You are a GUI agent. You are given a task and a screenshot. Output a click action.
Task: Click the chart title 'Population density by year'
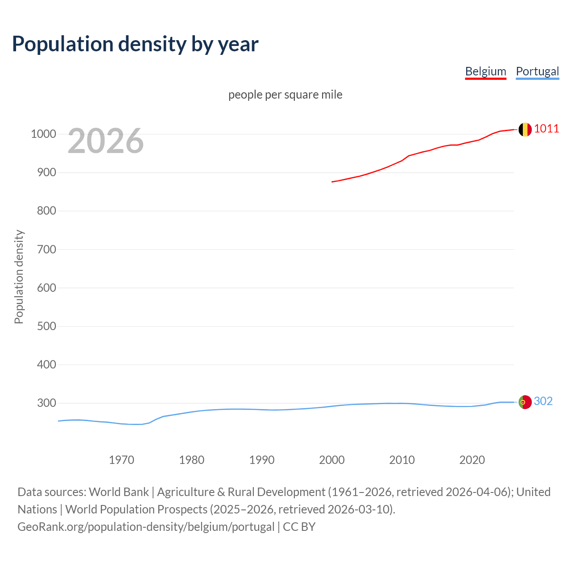click(135, 44)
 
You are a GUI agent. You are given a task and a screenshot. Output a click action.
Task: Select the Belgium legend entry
click(485, 71)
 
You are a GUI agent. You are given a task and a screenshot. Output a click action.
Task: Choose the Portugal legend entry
click(537, 71)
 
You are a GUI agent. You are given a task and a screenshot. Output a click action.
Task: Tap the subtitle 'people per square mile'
click(285, 95)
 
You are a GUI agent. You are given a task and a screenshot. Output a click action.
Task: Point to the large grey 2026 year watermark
click(106, 141)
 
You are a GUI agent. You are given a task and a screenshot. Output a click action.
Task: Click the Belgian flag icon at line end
click(525, 129)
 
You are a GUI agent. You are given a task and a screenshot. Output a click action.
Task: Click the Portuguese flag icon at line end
click(525, 402)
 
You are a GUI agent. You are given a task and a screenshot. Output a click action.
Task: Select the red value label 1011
click(546, 129)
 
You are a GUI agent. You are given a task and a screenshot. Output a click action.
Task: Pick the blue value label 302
click(543, 401)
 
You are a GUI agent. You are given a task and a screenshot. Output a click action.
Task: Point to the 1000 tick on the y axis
click(43, 134)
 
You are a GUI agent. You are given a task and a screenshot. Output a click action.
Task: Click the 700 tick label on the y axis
click(46, 249)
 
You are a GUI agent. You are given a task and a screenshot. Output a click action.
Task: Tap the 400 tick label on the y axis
click(46, 364)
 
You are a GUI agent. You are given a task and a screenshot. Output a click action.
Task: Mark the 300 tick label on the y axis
click(46, 403)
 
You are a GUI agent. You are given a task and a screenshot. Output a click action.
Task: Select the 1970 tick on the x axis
click(121, 460)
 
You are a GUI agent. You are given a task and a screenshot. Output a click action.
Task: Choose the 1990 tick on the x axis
click(262, 460)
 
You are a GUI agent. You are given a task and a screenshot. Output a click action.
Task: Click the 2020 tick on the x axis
click(472, 460)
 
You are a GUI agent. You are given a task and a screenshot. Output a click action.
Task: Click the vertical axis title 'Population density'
click(19, 277)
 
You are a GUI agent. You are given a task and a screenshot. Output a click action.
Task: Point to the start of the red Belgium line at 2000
click(332, 182)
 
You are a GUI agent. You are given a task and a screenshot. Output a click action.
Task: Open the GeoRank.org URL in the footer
click(146, 527)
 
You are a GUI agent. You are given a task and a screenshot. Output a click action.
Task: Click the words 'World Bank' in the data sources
click(119, 492)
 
